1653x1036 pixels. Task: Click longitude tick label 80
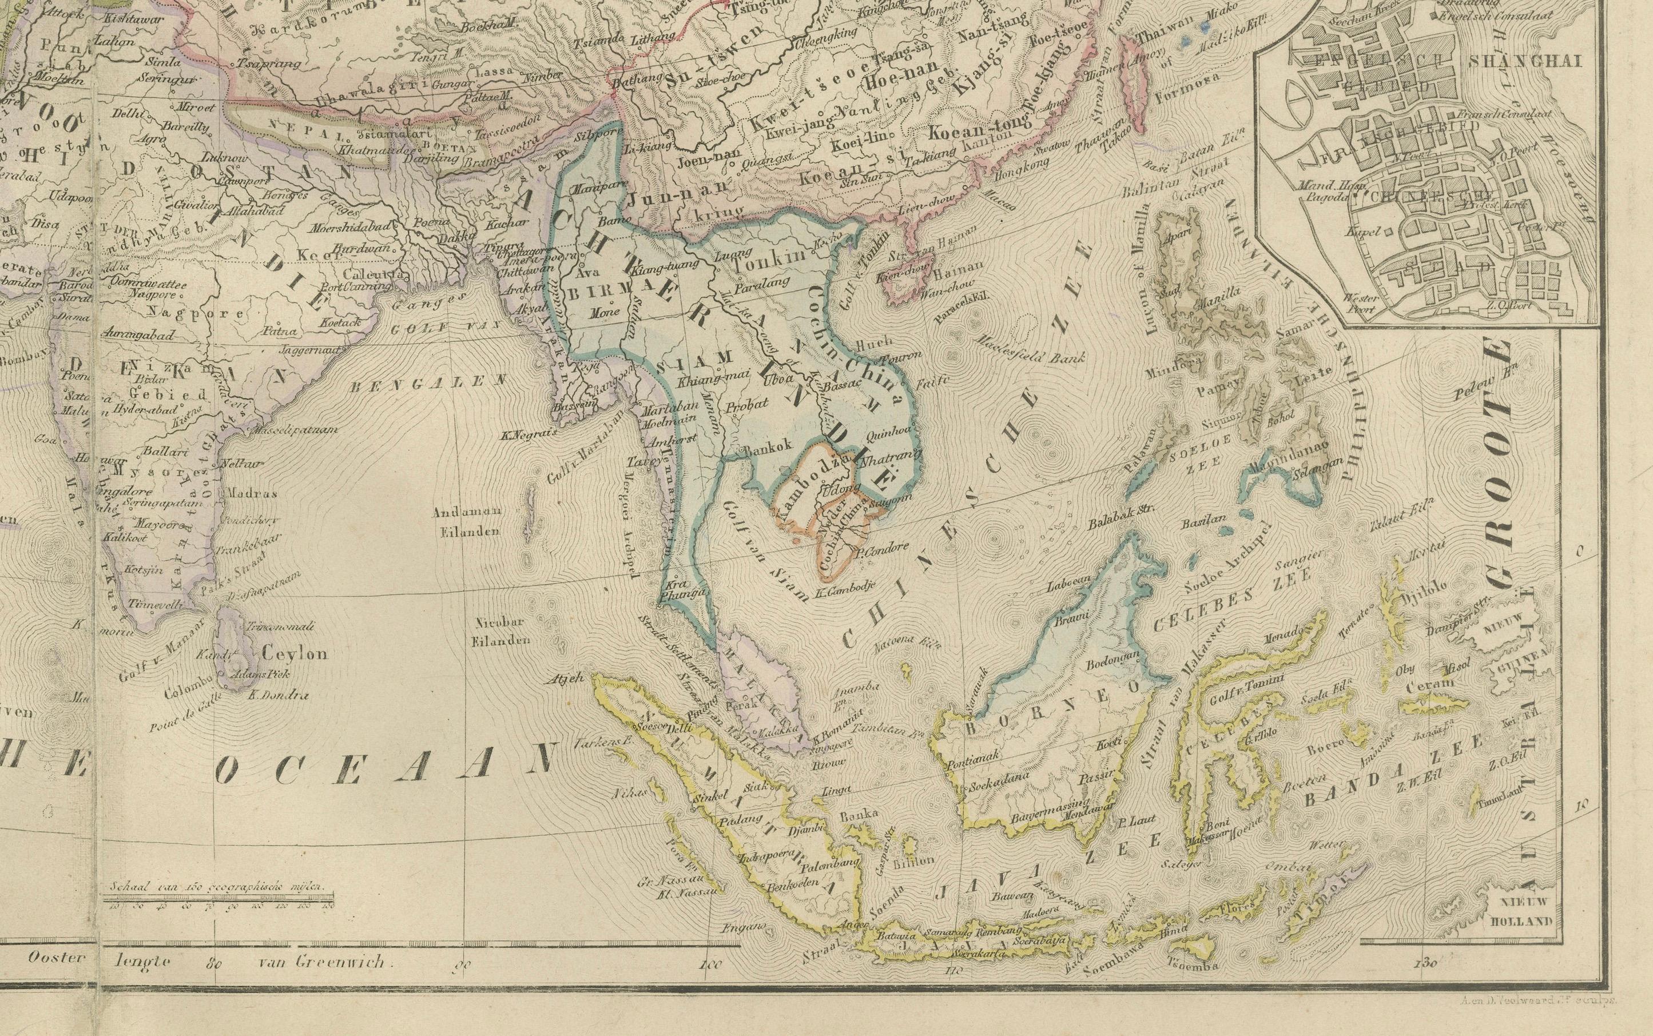pos(215,963)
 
